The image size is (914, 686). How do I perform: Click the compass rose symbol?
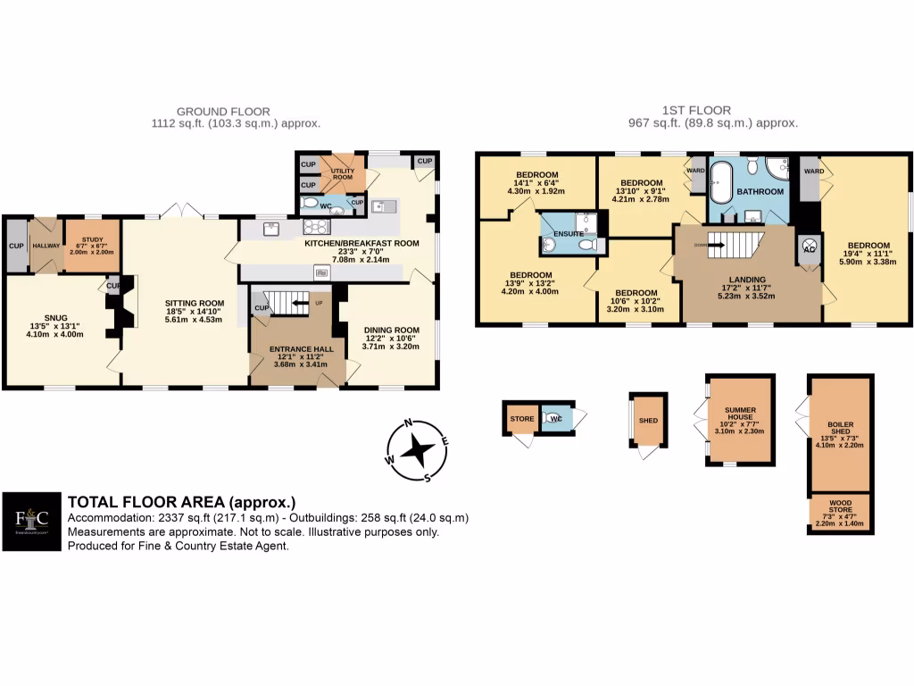(417, 450)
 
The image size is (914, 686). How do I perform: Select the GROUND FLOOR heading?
(236, 111)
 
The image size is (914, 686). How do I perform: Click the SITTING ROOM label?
(193, 304)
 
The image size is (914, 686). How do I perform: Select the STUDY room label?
(92, 240)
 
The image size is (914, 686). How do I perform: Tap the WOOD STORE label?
(840, 506)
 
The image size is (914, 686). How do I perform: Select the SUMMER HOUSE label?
(738, 413)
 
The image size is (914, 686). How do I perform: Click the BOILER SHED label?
(840, 427)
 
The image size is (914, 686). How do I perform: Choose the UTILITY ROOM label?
(343, 172)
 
